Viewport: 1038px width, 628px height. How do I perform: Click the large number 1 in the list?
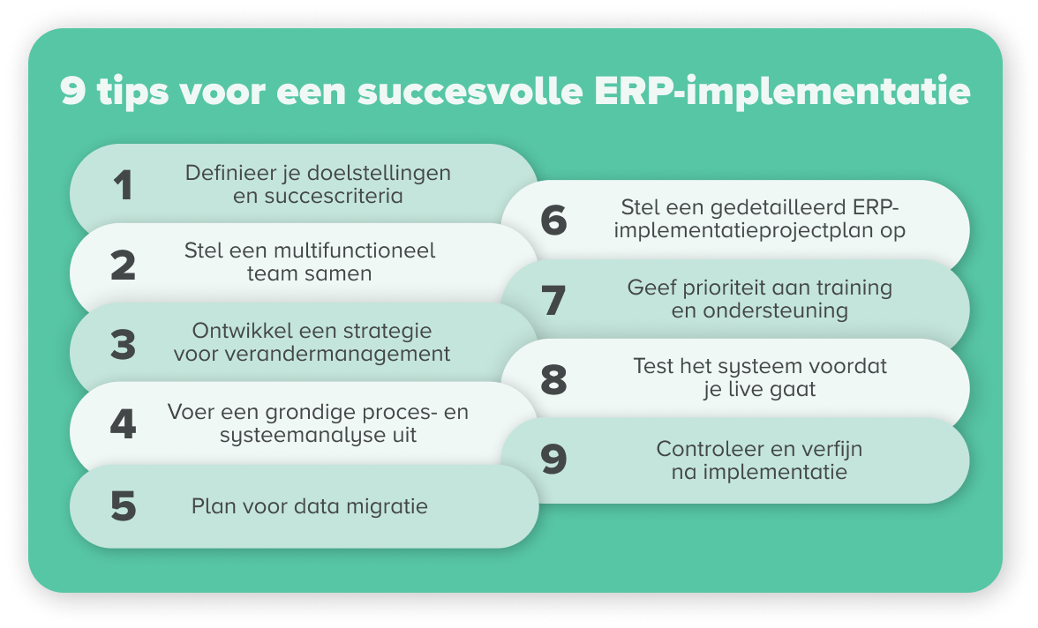tap(124, 184)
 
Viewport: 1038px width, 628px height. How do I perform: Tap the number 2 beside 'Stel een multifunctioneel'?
tap(124, 265)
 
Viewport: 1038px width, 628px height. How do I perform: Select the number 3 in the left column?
tap(124, 345)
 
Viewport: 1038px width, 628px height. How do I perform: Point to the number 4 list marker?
tap(124, 423)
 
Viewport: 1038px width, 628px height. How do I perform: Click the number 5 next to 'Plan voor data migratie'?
tap(124, 506)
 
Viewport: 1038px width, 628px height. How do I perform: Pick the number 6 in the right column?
tap(553, 220)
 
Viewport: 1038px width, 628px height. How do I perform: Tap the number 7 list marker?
tap(553, 300)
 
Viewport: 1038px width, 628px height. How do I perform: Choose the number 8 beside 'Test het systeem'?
tap(553, 379)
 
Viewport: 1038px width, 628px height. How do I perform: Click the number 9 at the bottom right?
tap(553, 459)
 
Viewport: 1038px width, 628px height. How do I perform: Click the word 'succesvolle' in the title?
tap(470, 91)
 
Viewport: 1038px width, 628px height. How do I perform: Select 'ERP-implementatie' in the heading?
tap(782, 92)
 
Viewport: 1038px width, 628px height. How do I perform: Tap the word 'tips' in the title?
tap(133, 92)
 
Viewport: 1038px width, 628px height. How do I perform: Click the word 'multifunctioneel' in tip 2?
tap(354, 250)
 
